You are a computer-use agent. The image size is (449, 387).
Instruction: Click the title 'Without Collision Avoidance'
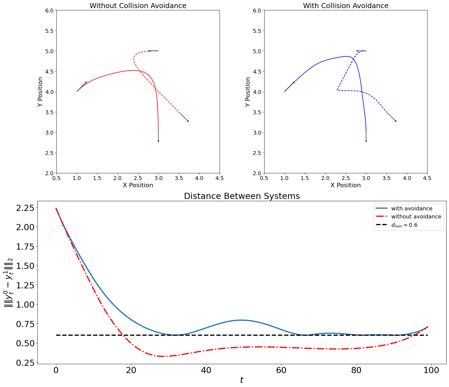click(138, 6)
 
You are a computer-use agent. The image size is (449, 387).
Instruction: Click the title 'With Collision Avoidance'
click(345, 6)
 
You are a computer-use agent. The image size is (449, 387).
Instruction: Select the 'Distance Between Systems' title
click(242, 196)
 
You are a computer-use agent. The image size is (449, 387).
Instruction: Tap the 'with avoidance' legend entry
click(412, 208)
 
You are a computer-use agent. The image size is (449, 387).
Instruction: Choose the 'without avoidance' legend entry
click(416, 216)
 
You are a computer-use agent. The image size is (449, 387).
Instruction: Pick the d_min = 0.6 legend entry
click(404, 225)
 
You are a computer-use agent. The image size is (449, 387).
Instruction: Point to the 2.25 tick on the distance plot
click(26, 208)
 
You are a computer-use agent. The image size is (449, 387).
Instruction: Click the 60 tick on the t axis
click(281, 370)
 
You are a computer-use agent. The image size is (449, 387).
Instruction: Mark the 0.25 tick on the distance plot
click(26, 363)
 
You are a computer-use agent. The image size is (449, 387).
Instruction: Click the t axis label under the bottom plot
click(242, 380)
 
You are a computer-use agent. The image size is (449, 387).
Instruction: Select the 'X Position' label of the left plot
click(138, 185)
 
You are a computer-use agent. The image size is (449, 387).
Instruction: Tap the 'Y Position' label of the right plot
click(248, 92)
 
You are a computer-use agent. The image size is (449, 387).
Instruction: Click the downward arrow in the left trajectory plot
click(158, 138)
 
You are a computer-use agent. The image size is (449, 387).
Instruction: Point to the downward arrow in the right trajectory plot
click(366, 138)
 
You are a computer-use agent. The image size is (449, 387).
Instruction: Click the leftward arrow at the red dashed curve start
click(153, 51)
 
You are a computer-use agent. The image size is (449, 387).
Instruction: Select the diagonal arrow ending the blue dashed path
click(391, 117)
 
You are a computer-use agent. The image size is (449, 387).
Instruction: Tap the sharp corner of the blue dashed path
click(337, 90)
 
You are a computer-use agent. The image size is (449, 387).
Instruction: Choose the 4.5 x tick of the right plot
click(427, 178)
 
